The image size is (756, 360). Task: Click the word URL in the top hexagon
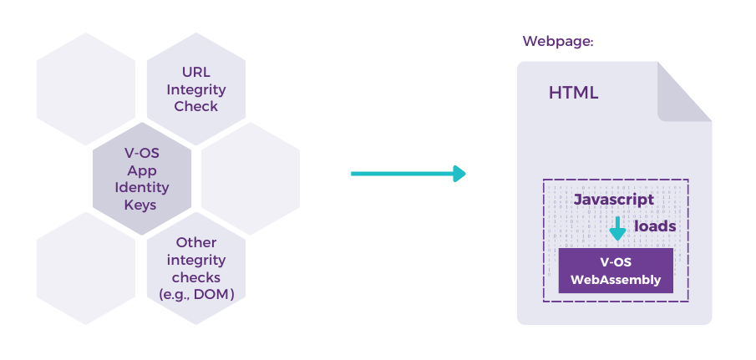(x=196, y=73)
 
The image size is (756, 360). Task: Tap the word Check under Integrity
(x=196, y=106)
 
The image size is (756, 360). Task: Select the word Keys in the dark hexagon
(x=141, y=205)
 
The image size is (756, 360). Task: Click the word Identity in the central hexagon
(x=142, y=187)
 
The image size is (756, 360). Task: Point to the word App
(x=142, y=171)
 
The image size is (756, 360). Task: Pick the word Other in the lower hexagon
(x=196, y=242)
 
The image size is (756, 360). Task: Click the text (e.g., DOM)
(x=196, y=294)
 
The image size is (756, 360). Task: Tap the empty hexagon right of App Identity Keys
(x=251, y=178)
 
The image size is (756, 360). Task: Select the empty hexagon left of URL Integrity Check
(x=86, y=89)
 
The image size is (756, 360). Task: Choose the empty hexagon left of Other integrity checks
(x=86, y=268)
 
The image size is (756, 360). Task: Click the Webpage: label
(x=558, y=42)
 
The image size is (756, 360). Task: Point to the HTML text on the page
(x=573, y=93)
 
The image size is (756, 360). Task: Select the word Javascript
(x=614, y=200)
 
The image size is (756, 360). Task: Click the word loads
(x=655, y=226)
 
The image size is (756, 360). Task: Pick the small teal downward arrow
(x=617, y=228)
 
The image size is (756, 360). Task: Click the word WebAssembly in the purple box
(x=616, y=280)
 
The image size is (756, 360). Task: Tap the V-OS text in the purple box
(x=616, y=262)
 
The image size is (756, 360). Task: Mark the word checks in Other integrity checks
(x=196, y=277)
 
